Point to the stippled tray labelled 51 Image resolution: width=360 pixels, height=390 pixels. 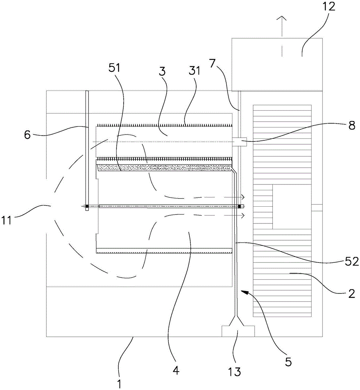164,167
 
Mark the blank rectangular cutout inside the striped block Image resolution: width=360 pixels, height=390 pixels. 291,207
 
